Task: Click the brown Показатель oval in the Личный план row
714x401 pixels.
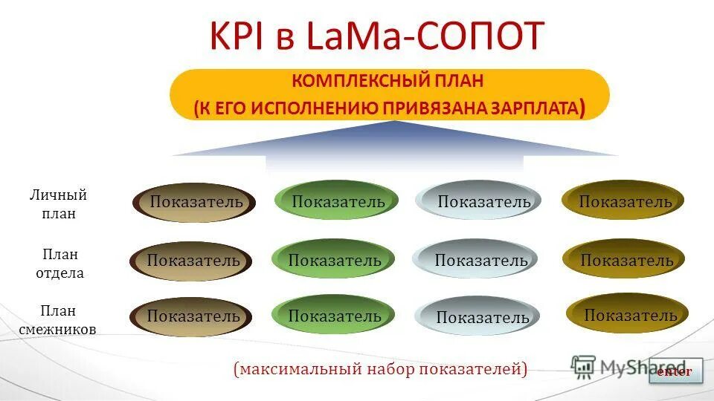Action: (195, 202)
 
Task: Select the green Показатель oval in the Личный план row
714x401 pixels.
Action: (337, 201)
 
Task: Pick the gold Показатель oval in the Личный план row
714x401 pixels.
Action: (623, 201)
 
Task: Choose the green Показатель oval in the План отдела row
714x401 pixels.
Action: (334, 260)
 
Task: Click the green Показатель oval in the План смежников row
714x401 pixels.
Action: (334, 316)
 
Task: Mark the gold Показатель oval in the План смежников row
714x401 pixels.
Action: (628, 315)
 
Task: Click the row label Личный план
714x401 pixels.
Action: (59, 204)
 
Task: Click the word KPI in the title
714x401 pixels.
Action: (237, 36)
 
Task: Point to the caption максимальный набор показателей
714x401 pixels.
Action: (380, 369)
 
